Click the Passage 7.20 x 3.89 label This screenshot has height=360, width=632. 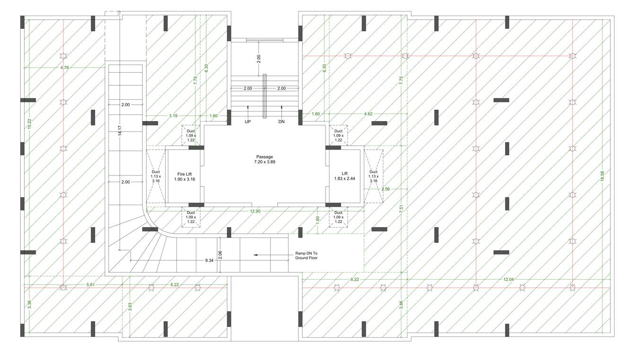coord(264,159)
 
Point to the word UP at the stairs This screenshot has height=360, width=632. coord(247,122)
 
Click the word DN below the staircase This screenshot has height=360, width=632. coord(281,122)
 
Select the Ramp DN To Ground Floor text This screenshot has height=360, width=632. coord(306,255)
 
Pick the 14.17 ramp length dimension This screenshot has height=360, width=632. coord(121,131)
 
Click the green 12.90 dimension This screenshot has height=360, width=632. coord(255,211)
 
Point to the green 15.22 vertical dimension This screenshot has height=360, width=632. coord(29,124)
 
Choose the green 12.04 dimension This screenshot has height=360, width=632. coord(509,280)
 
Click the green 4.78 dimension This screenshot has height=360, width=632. coord(64,68)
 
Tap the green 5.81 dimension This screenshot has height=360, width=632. coord(90,284)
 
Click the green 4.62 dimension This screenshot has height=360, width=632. coord(368,114)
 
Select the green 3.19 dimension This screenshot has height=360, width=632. coord(173,115)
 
